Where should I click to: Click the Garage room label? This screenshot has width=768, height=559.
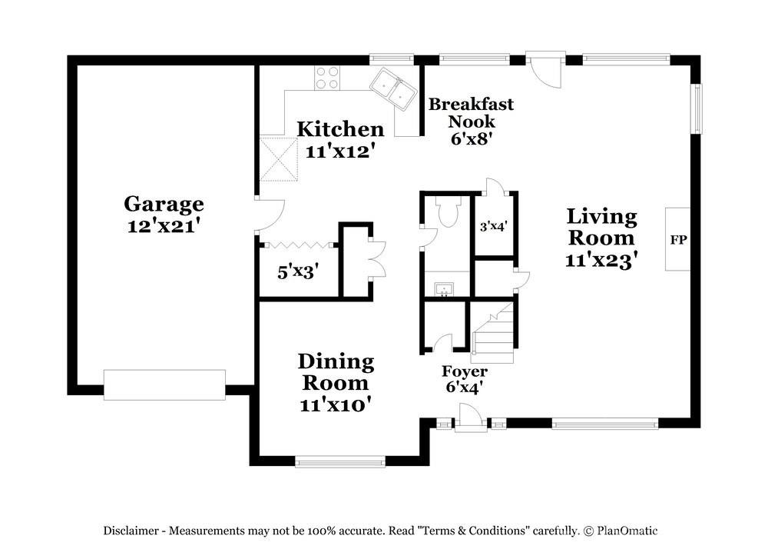coord(164,204)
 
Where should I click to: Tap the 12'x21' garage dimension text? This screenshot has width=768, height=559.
coord(164,227)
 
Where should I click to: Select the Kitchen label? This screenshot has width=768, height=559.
coord(340,129)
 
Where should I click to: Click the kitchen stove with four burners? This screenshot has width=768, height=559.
coord(327,78)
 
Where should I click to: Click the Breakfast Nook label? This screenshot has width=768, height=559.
coord(471,112)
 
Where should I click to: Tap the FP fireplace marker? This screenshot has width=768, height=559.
coord(678,239)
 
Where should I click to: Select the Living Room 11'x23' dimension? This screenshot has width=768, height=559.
coord(601,260)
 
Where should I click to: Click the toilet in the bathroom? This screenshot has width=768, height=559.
coord(446,212)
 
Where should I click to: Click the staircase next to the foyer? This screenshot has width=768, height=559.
coord(493,334)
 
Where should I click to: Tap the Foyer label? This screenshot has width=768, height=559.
coord(464,372)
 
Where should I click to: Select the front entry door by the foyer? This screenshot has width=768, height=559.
coord(469,421)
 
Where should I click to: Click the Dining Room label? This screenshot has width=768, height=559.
coord(336,371)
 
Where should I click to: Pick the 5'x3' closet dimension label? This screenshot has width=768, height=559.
coord(297,271)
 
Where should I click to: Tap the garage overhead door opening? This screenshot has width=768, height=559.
coord(164,384)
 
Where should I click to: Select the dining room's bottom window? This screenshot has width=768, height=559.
coord(340,461)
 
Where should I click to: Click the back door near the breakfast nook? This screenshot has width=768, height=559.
coord(545,69)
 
